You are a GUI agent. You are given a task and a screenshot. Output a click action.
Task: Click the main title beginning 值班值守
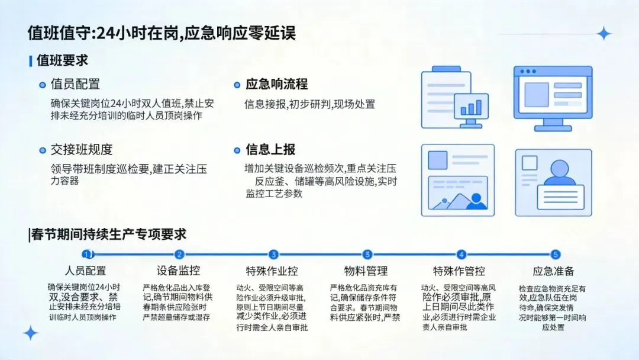(x=162, y=33)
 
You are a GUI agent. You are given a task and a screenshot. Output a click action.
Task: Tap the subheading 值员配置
(x=75, y=85)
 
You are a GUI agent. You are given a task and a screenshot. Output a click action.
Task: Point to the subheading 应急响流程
(x=276, y=85)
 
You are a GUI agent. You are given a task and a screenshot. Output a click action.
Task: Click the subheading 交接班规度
(x=81, y=150)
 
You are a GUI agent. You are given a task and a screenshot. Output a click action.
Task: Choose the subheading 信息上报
(x=270, y=150)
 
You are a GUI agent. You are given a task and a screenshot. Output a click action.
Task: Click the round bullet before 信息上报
(x=237, y=150)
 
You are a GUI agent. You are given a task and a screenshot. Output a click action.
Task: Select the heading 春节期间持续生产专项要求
(x=107, y=234)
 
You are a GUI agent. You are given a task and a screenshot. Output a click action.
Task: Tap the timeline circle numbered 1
(x=87, y=255)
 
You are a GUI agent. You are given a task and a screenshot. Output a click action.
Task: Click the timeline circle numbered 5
(x=555, y=255)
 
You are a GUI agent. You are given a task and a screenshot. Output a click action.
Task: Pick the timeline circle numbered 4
(x=461, y=255)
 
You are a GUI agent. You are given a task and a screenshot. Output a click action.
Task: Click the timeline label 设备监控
(x=178, y=271)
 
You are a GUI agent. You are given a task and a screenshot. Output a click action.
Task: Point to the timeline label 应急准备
(x=553, y=271)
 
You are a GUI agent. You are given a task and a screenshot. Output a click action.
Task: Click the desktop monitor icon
(x=552, y=98)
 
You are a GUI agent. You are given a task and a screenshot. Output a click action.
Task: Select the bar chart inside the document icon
(x=471, y=107)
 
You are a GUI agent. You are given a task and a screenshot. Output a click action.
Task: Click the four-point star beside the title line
(x=603, y=34)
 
